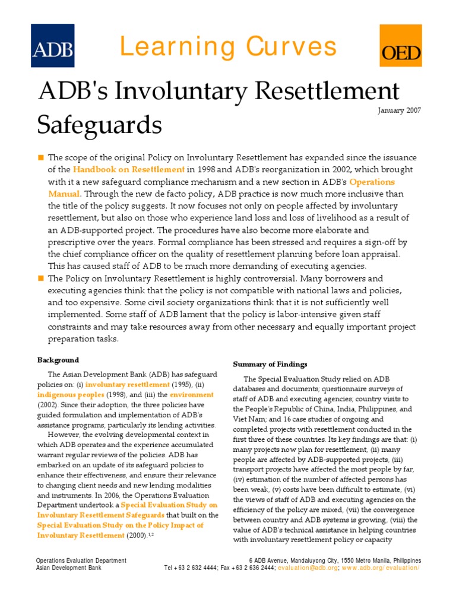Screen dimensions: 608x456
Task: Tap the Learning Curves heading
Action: pyautogui.click(x=227, y=46)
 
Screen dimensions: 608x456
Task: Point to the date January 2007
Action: pyautogui.click(x=399, y=110)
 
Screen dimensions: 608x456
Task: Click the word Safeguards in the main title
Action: pyautogui.click(x=99, y=125)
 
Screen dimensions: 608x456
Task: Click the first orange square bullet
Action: pyautogui.click(x=41, y=157)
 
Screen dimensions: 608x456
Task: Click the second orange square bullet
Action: pyautogui.click(x=41, y=278)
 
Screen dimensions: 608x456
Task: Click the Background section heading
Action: pyautogui.click(x=58, y=360)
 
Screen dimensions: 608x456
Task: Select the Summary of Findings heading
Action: pyautogui.click(x=270, y=364)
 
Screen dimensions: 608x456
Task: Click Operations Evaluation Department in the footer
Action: pyautogui.click(x=81, y=560)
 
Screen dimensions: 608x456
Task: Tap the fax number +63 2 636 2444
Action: pyautogui.click(x=249, y=568)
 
